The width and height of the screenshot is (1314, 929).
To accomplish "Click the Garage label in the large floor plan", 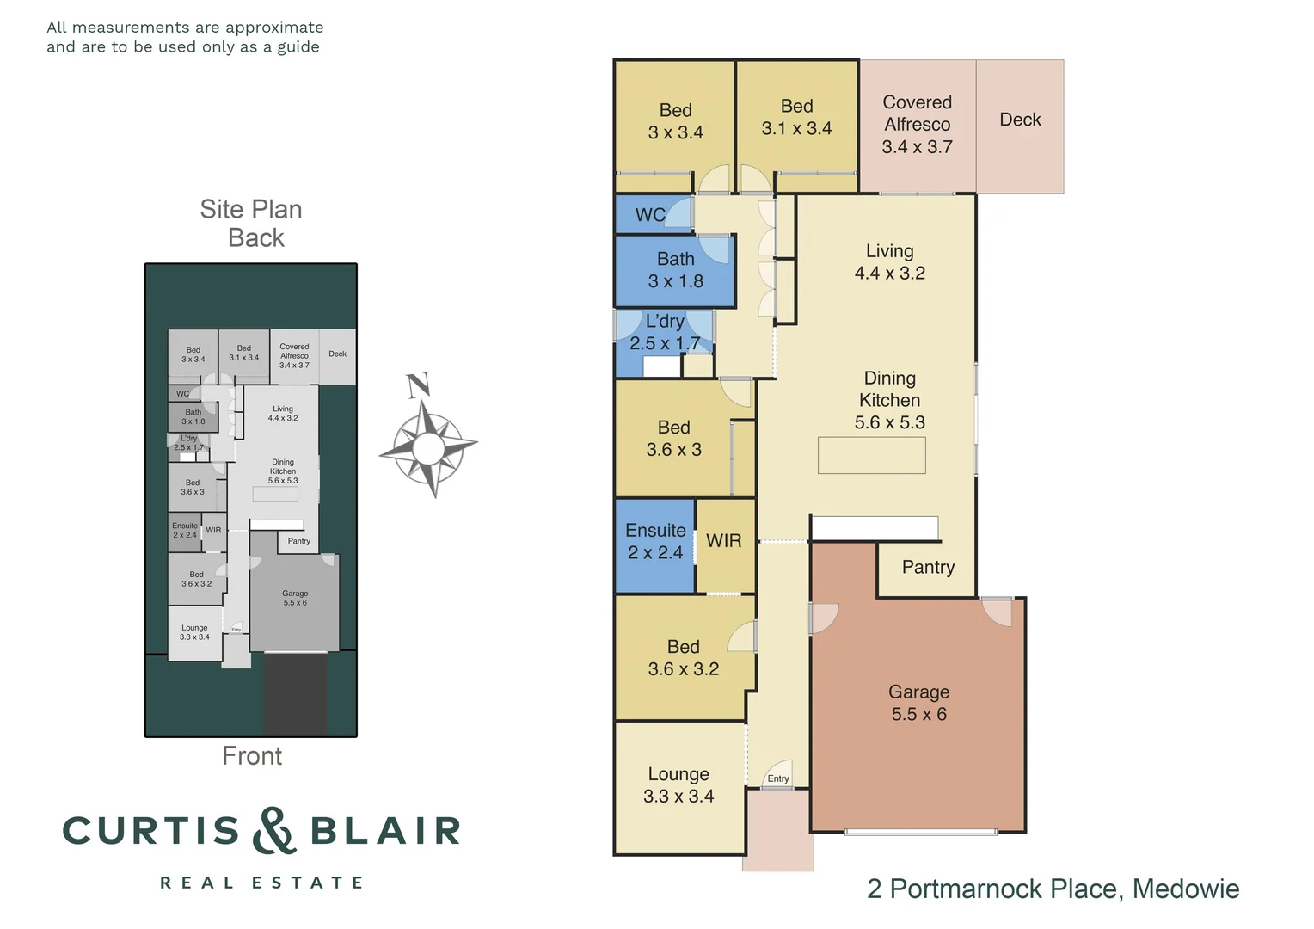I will [918, 692].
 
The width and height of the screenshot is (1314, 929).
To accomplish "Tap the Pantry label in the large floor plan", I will [928, 567].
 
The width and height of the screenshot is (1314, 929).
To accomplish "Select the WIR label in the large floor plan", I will [723, 541].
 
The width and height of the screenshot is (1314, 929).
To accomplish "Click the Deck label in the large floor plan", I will [1020, 120].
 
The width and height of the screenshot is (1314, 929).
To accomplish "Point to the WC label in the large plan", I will [649, 215].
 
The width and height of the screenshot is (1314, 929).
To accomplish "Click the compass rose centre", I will [427, 446].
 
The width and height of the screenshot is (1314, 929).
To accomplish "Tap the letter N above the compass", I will [419, 386].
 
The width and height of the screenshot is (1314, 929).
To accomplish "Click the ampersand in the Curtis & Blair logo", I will [273, 831].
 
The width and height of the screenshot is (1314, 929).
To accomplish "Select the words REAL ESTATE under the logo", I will [261, 883].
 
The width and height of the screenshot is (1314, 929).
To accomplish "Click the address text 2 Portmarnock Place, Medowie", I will [1053, 889].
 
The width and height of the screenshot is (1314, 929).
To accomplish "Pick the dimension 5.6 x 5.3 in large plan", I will [889, 422].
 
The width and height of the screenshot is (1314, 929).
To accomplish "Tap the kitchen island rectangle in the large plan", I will [871, 456].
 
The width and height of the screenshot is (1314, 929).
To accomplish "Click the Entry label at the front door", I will [778, 778].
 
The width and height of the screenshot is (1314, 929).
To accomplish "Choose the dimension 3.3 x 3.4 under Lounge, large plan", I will [678, 797].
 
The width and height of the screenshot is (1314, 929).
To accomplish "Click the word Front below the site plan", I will [252, 756].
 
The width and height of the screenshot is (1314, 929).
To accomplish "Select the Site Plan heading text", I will [251, 210].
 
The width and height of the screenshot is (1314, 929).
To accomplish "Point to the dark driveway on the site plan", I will [294, 694].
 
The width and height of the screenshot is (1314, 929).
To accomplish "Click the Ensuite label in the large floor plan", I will [655, 531].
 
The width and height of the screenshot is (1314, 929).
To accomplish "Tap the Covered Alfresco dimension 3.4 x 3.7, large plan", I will [917, 147].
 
